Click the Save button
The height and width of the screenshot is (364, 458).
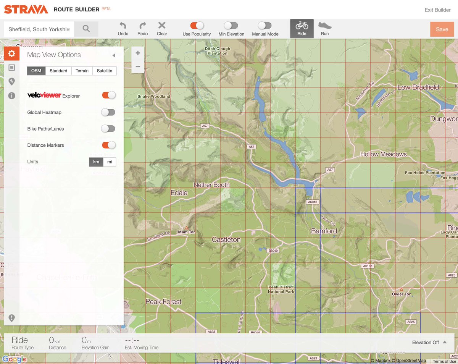tap(442, 29)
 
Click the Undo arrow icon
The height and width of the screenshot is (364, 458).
tap(123, 26)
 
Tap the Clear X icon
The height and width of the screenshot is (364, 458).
tap(162, 26)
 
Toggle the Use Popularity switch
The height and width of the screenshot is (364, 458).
tap(197, 26)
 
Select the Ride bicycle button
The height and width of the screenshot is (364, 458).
tap(302, 28)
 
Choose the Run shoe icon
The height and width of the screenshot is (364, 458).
tap(325, 26)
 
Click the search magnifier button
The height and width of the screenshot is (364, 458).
tap(86, 29)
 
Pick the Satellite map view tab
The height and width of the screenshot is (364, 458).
tap(104, 71)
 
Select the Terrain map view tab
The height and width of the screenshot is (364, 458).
tap(82, 71)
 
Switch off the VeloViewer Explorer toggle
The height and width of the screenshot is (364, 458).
tap(108, 95)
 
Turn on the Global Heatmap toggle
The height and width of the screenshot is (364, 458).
tap(108, 112)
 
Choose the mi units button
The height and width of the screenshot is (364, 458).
tap(110, 162)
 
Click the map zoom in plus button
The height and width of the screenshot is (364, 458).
tap(138, 53)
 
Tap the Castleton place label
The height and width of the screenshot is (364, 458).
tap(226, 240)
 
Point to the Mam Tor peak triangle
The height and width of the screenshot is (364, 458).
tap(186, 228)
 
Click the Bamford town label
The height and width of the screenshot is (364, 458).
tap(324, 231)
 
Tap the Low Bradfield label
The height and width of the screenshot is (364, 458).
tap(418, 87)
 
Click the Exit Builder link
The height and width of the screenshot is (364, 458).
tap(437, 10)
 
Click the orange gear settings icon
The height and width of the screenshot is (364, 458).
tap(12, 53)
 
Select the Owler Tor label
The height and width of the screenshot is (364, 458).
tap(401, 294)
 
